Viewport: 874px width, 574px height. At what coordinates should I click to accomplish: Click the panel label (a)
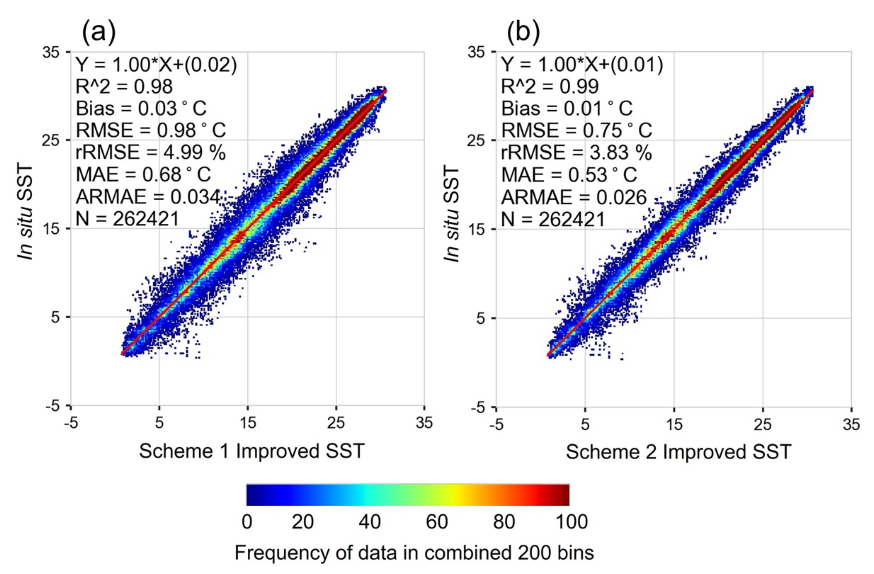98,32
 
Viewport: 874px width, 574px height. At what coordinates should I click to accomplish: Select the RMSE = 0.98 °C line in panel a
151,130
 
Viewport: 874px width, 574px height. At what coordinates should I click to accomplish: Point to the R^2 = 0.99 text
550,86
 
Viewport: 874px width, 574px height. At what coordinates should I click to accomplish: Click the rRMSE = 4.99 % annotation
151,152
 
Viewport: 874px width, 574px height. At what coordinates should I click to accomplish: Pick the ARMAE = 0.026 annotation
574,197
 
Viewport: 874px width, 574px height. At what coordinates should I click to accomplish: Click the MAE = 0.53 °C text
569,175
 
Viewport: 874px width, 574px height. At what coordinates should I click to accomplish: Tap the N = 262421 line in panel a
127,219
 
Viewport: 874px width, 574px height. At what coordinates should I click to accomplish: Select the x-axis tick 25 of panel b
763,424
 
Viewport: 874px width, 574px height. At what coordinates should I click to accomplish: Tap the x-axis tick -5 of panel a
71,423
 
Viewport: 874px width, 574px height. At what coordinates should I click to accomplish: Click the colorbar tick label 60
437,522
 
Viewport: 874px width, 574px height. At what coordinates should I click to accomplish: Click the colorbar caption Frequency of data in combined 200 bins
414,553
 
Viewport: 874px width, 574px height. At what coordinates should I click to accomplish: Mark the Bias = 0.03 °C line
141,108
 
